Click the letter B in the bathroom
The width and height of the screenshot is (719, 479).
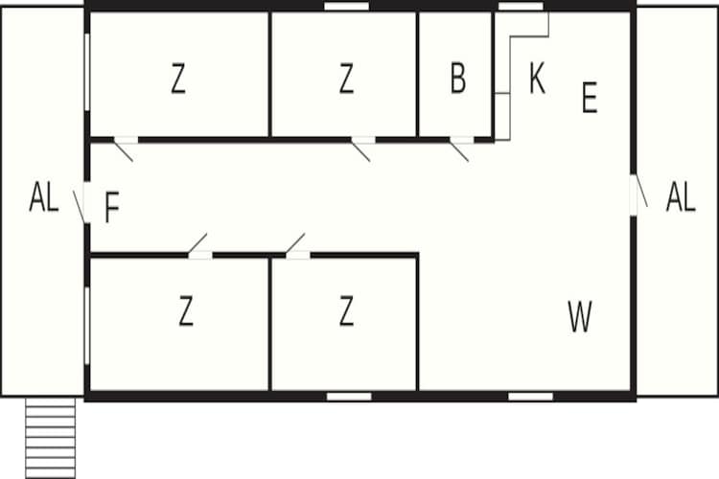[458, 79]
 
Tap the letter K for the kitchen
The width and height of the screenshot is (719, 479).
[538, 79]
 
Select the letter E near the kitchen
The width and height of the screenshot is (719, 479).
[590, 97]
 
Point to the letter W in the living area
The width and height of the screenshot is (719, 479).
[580, 316]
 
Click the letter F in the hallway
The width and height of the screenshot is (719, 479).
[112, 207]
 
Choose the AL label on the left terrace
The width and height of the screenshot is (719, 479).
[44, 196]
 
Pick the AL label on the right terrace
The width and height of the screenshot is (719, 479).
[681, 196]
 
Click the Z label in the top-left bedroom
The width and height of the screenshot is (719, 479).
[178, 79]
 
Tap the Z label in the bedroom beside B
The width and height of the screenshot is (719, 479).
[347, 79]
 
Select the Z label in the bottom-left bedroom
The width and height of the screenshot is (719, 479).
[186, 310]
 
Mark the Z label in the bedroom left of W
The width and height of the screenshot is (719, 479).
[347, 310]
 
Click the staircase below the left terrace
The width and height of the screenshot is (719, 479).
[51, 438]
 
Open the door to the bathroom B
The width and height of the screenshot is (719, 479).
[460, 148]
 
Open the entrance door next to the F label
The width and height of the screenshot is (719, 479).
[81, 204]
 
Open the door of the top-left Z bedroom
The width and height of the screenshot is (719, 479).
[125, 148]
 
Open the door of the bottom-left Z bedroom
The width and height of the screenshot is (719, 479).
[199, 245]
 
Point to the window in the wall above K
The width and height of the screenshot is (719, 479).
[521, 7]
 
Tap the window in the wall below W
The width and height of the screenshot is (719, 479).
[530, 396]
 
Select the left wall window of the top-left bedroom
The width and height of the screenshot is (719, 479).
[87, 72]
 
